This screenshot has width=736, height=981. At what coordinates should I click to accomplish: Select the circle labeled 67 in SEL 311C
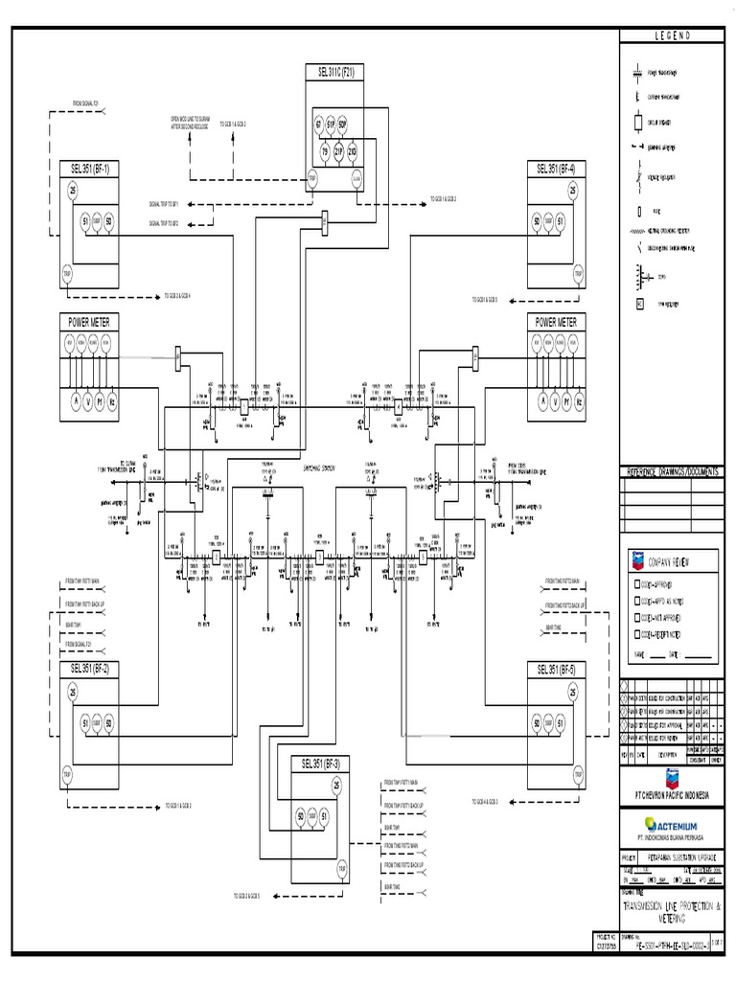click(x=318, y=125)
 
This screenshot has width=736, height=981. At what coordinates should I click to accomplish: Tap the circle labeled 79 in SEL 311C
click(x=324, y=151)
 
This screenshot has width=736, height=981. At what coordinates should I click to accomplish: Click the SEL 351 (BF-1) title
click(x=89, y=169)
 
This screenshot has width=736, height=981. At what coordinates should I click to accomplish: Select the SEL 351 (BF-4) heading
click(x=558, y=169)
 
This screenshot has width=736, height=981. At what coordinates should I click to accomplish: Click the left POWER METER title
click(x=89, y=323)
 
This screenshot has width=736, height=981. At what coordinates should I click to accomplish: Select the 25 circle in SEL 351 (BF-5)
click(x=572, y=692)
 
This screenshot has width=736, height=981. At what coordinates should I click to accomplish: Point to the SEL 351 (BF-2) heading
click(x=89, y=669)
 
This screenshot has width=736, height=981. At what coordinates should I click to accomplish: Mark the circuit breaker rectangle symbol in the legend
click(x=639, y=123)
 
